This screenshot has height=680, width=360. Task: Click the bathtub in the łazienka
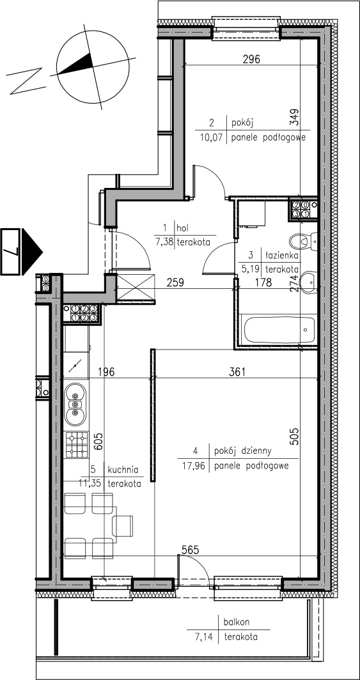(x=279, y=330)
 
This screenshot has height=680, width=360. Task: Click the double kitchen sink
(x=75, y=405)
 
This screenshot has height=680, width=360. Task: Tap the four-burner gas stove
(x=76, y=445)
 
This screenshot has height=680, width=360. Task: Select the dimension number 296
(x=251, y=59)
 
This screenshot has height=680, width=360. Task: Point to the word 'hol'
(x=183, y=226)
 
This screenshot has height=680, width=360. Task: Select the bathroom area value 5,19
(x=250, y=268)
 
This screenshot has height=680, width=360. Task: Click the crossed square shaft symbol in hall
(x=136, y=288)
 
